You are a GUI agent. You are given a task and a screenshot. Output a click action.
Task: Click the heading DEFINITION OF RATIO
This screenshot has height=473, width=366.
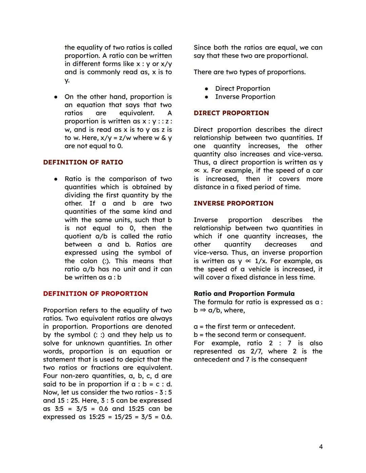83,162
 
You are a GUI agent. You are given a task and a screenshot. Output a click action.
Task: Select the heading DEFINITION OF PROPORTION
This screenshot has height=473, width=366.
95,294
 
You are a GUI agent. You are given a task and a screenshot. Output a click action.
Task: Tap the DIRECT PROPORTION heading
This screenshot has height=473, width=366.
231,113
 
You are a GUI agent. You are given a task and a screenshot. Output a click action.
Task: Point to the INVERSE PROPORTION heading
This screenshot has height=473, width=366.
233,203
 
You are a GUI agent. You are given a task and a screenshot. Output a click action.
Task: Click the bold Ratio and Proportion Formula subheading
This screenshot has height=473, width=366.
244,294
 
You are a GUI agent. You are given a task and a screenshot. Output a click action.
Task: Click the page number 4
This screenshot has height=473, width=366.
321,447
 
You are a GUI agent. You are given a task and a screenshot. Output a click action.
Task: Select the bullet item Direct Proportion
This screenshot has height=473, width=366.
243,88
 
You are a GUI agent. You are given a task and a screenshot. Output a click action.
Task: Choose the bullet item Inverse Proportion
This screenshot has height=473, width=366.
245,97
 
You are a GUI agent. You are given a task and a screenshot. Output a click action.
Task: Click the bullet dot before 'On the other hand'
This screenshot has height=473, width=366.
56,97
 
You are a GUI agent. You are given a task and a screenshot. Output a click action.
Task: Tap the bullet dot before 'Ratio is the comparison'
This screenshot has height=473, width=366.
56,179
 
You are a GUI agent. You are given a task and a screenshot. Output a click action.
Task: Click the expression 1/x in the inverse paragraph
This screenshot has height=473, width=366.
261,261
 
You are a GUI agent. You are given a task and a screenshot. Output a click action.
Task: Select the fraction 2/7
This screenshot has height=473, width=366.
257,351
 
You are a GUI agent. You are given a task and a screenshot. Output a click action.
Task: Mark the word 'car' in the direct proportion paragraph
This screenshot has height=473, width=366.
318,171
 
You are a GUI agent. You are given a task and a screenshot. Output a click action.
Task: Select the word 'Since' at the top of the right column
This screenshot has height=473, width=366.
202,47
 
